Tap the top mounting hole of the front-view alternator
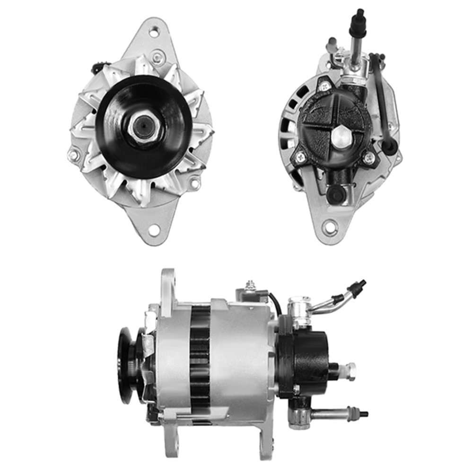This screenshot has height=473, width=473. (154, 32)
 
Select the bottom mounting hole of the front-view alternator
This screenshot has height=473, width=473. (153, 230)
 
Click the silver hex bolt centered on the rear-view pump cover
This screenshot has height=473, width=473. (340, 137)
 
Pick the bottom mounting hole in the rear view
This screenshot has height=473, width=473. (330, 228)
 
